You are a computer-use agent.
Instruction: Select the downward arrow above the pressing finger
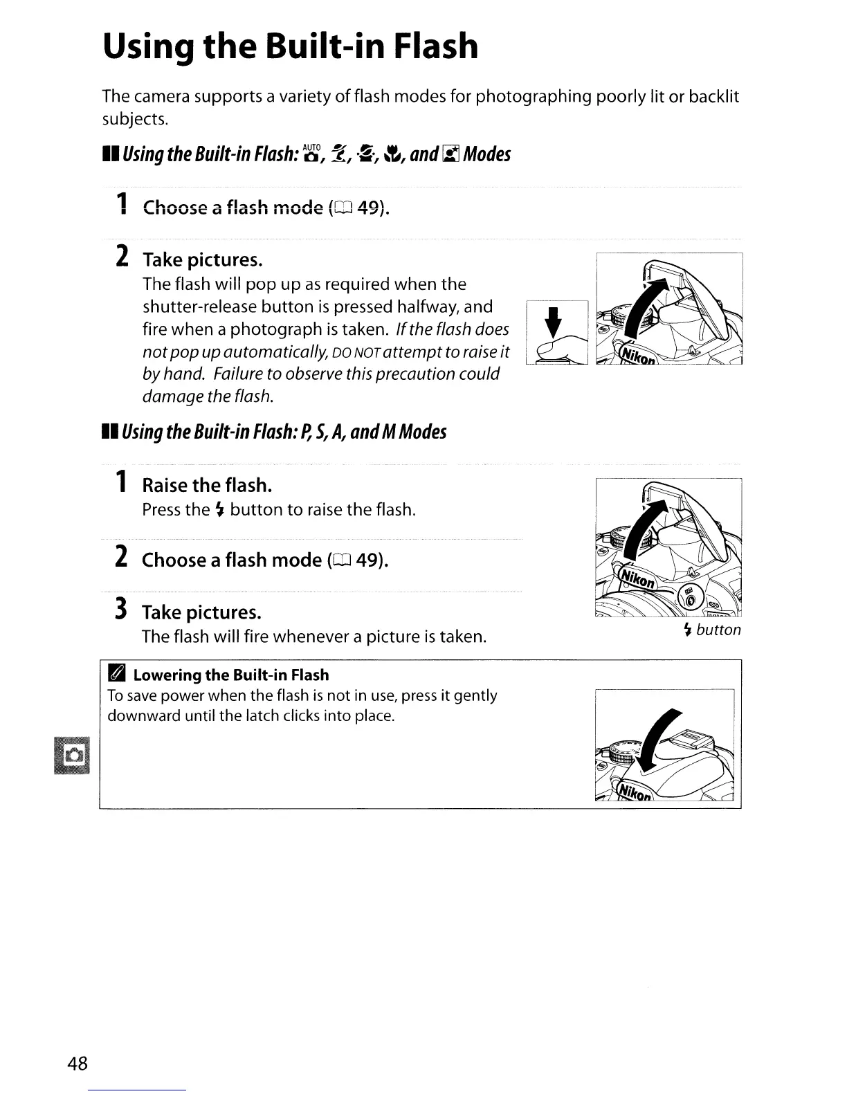pyautogui.click(x=553, y=323)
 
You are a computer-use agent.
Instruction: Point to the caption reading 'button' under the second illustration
pyautogui.click(x=718, y=630)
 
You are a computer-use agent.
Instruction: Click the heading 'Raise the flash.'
pyautogui.click(x=206, y=485)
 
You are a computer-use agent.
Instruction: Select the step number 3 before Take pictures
pyautogui.click(x=120, y=610)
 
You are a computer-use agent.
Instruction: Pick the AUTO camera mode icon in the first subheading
pyautogui.click(x=313, y=154)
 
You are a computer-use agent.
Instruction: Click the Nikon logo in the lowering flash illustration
pyautogui.click(x=635, y=792)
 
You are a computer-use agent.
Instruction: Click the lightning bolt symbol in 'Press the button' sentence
pyautogui.click(x=219, y=511)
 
